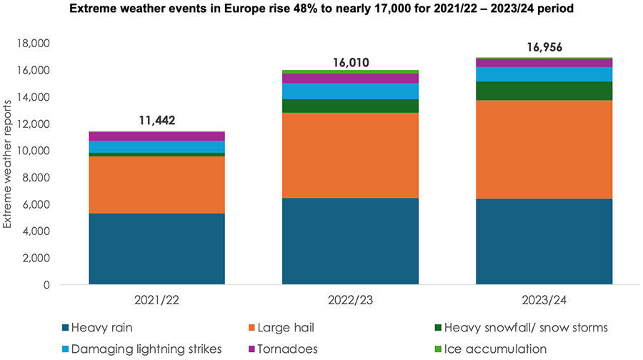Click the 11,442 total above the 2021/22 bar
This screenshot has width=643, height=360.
click(156, 120)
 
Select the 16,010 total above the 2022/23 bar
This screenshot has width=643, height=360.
click(350, 62)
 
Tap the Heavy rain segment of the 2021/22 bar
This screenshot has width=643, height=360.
click(156, 249)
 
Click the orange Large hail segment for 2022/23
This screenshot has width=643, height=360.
click(350, 155)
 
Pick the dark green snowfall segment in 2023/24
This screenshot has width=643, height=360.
click(544, 91)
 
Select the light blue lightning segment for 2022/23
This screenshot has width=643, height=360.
click(350, 91)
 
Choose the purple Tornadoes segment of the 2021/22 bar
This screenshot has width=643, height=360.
click(156, 136)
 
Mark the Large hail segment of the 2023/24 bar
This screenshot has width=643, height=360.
click(544, 149)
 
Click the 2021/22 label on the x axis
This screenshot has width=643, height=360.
click(156, 300)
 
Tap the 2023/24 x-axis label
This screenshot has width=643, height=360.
click(544, 300)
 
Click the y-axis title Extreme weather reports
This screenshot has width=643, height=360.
click(8, 164)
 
